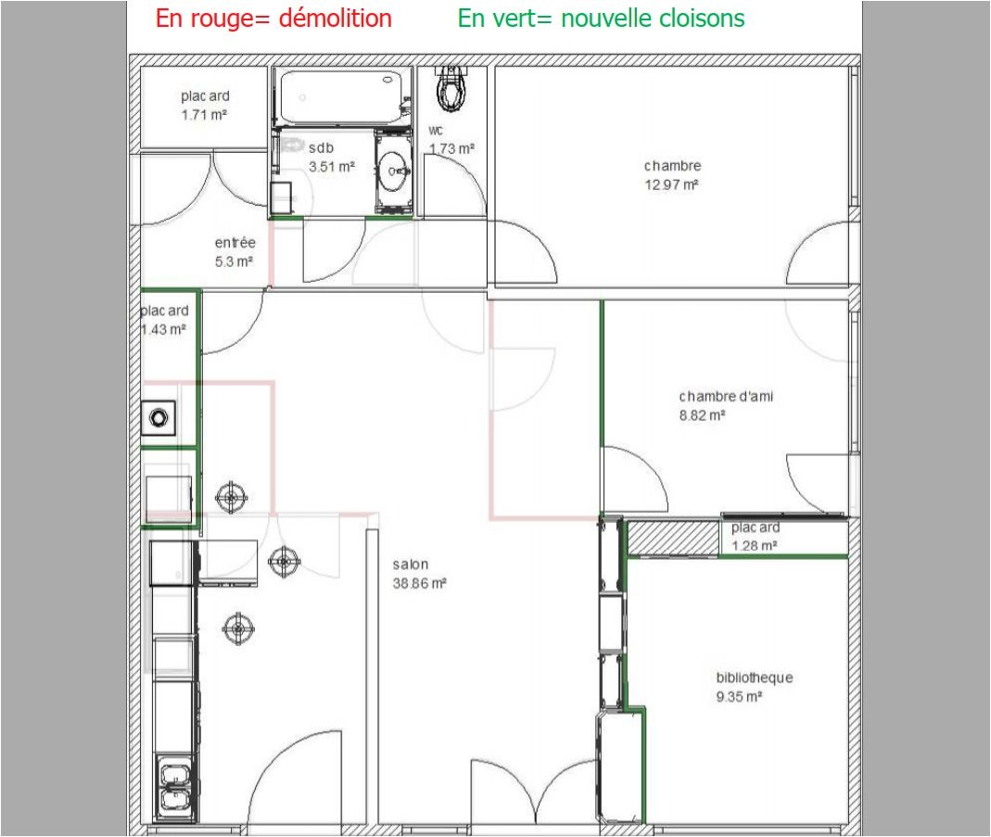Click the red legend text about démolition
tap(273, 19)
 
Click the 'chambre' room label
tap(672, 166)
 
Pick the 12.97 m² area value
tap(672, 184)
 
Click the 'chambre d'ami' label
tap(725, 397)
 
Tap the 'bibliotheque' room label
tap(754, 678)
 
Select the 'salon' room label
tap(411, 564)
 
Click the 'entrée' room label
tap(235, 243)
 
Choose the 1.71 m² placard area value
tap(205, 115)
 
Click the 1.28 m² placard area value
tap(754, 546)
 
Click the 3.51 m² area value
tap(331, 167)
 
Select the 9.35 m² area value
tap(738, 696)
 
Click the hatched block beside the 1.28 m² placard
tap(674, 537)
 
